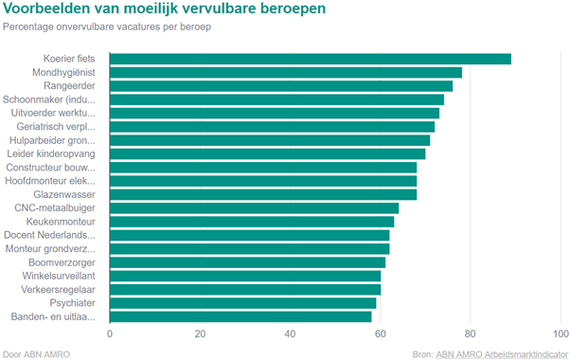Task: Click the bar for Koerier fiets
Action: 311,59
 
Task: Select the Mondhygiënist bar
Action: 286,72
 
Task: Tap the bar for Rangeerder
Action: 281,86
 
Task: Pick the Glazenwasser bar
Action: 263,194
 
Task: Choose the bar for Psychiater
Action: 243,303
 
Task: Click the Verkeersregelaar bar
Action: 245,289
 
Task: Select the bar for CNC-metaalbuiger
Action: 254,207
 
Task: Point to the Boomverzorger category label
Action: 62,262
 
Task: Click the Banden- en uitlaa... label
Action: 52,316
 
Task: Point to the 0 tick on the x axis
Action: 110,333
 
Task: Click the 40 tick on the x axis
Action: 290,333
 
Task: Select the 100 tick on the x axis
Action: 559,333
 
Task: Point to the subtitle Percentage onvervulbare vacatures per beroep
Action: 106,26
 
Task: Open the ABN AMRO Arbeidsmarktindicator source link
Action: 502,353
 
